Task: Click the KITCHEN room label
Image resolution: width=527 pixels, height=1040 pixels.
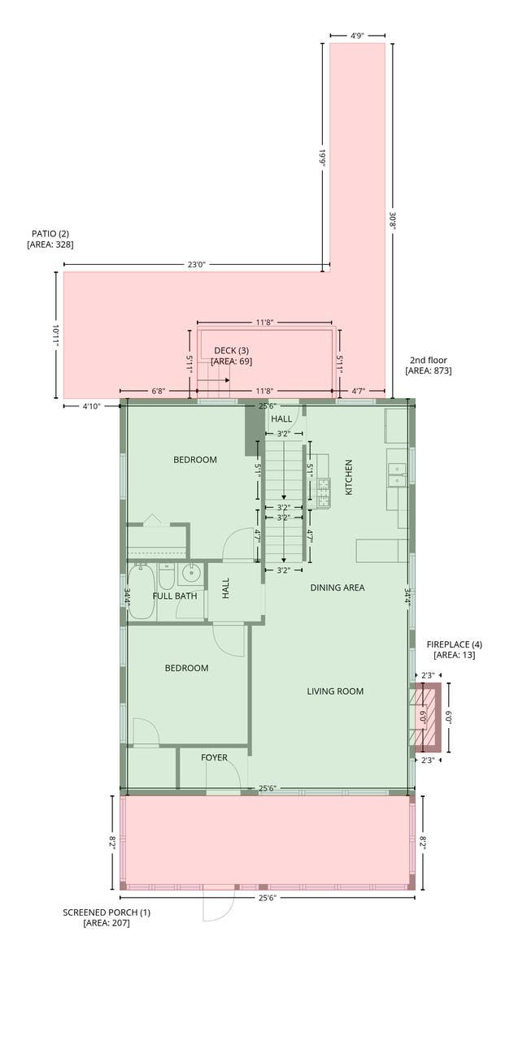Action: point(349,477)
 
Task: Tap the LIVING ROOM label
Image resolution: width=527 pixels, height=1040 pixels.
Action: point(335,691)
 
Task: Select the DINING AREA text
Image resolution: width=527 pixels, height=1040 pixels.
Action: point(338,587)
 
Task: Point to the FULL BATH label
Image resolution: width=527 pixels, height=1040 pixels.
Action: point(175,596)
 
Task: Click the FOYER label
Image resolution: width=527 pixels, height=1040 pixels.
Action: point(214,757)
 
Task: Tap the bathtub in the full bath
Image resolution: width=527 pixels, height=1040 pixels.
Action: point(142,591)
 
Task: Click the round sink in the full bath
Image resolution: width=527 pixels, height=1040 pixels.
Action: point(191,574)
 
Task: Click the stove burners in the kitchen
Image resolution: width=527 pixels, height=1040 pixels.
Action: point(324,492)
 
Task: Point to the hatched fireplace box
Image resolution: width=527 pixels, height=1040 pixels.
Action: point(425,717)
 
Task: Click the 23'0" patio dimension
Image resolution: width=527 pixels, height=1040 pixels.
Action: point(196,265)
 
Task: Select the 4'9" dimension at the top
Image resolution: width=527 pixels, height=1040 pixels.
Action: point(357,35)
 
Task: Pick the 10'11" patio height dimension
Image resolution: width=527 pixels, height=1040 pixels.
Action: point(56,335)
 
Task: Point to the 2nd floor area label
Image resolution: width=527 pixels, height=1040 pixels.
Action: point(429,365)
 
